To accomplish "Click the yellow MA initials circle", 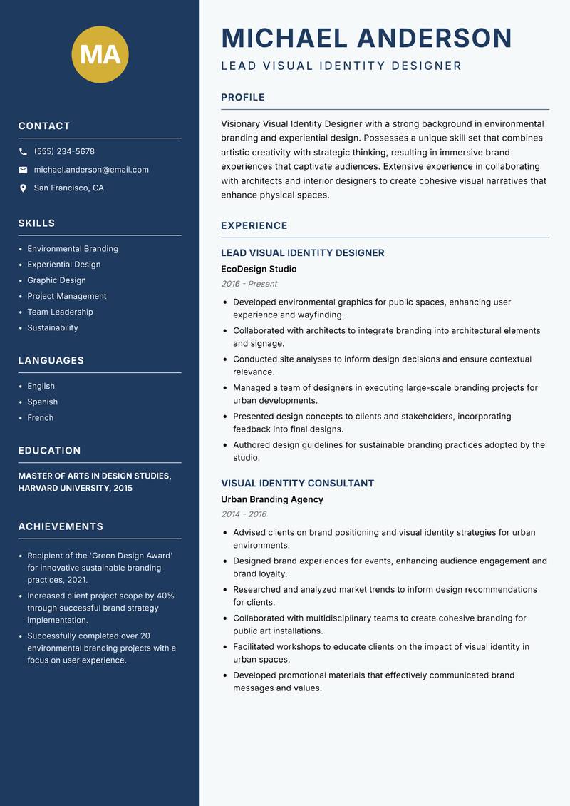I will [100, 54].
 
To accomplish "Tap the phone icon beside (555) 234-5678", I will [23, 152].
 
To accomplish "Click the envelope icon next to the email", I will [23, 170].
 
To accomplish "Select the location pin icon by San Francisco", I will [23, 188].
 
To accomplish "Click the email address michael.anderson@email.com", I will [91, 170].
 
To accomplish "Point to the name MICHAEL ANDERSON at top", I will [367, 38].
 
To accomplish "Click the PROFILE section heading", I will [243, 98].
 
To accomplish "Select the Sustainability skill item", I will [53, 328].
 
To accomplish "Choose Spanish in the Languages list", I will [43, 402].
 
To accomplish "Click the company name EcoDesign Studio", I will [259, 270].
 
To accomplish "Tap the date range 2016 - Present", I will [249, 284].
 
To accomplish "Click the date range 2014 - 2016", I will [244, 514].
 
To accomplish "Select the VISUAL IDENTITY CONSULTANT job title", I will [297, 484].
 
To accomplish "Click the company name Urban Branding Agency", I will [272, 500].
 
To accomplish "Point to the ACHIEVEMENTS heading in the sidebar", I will [61, 526].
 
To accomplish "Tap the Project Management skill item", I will [67, 297].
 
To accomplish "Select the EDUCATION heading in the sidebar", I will [50, 451].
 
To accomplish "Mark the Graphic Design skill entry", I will [56, 281].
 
